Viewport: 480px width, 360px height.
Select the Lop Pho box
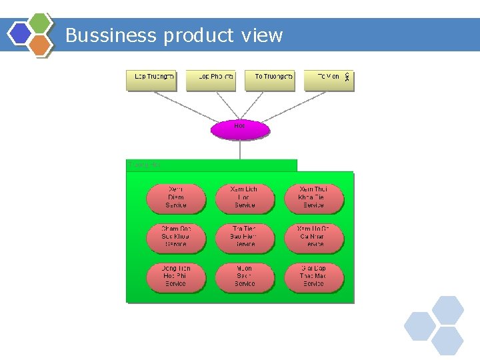[211, 80]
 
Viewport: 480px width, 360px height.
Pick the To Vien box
[327, 80]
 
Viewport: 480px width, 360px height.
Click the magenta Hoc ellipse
[240, 129]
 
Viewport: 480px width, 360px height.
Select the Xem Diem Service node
[176, 198]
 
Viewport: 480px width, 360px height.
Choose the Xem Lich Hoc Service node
[245, 198]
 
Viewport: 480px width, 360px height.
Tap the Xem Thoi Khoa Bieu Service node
[313, 198]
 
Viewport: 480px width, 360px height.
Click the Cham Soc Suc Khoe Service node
[176, 237]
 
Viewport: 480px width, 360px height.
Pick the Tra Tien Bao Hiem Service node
[245, 237]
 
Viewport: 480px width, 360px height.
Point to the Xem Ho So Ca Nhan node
[313, 237]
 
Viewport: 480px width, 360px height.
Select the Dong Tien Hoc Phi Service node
[176, 277]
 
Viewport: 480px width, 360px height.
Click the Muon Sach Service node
[245, 277]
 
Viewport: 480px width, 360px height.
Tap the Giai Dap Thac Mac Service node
[313, 277]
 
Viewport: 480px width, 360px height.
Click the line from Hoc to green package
[240, 150]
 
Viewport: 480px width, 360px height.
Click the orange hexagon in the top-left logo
[41, 45]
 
